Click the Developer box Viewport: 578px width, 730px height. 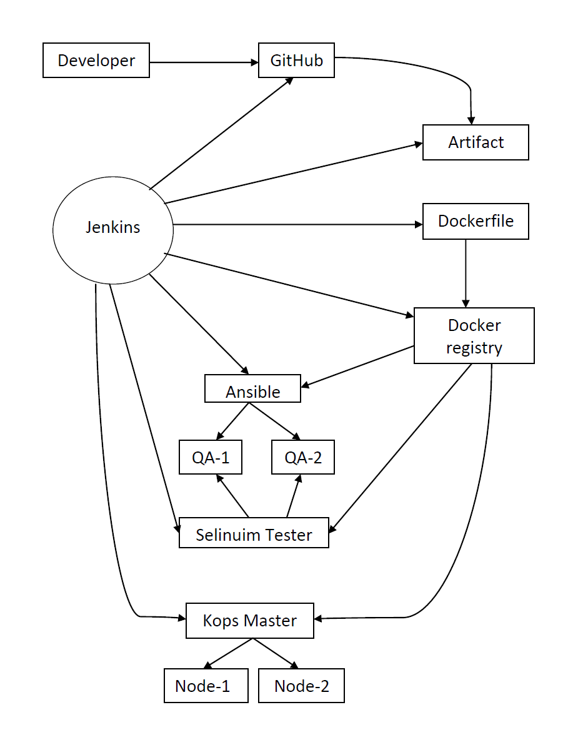click(x=96, y=60)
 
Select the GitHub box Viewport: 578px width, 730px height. click(x=296, y=60)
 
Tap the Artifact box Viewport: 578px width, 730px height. click(x=476, y=142)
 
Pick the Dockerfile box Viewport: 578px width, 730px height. click(x=476, y=221)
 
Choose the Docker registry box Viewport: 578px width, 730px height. click(x=474, y=335)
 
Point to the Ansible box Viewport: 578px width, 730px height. click(x=252, y=388)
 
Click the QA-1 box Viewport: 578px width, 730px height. click(x=210, y=457)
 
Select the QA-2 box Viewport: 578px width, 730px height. click(x=303, y=457)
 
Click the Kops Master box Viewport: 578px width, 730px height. click(x=249, y=620)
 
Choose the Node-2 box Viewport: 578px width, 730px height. click(x=301, y=686)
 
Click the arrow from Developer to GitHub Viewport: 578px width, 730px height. click(x=204, y=62)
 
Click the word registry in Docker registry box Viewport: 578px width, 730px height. click(x=474, y=348)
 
